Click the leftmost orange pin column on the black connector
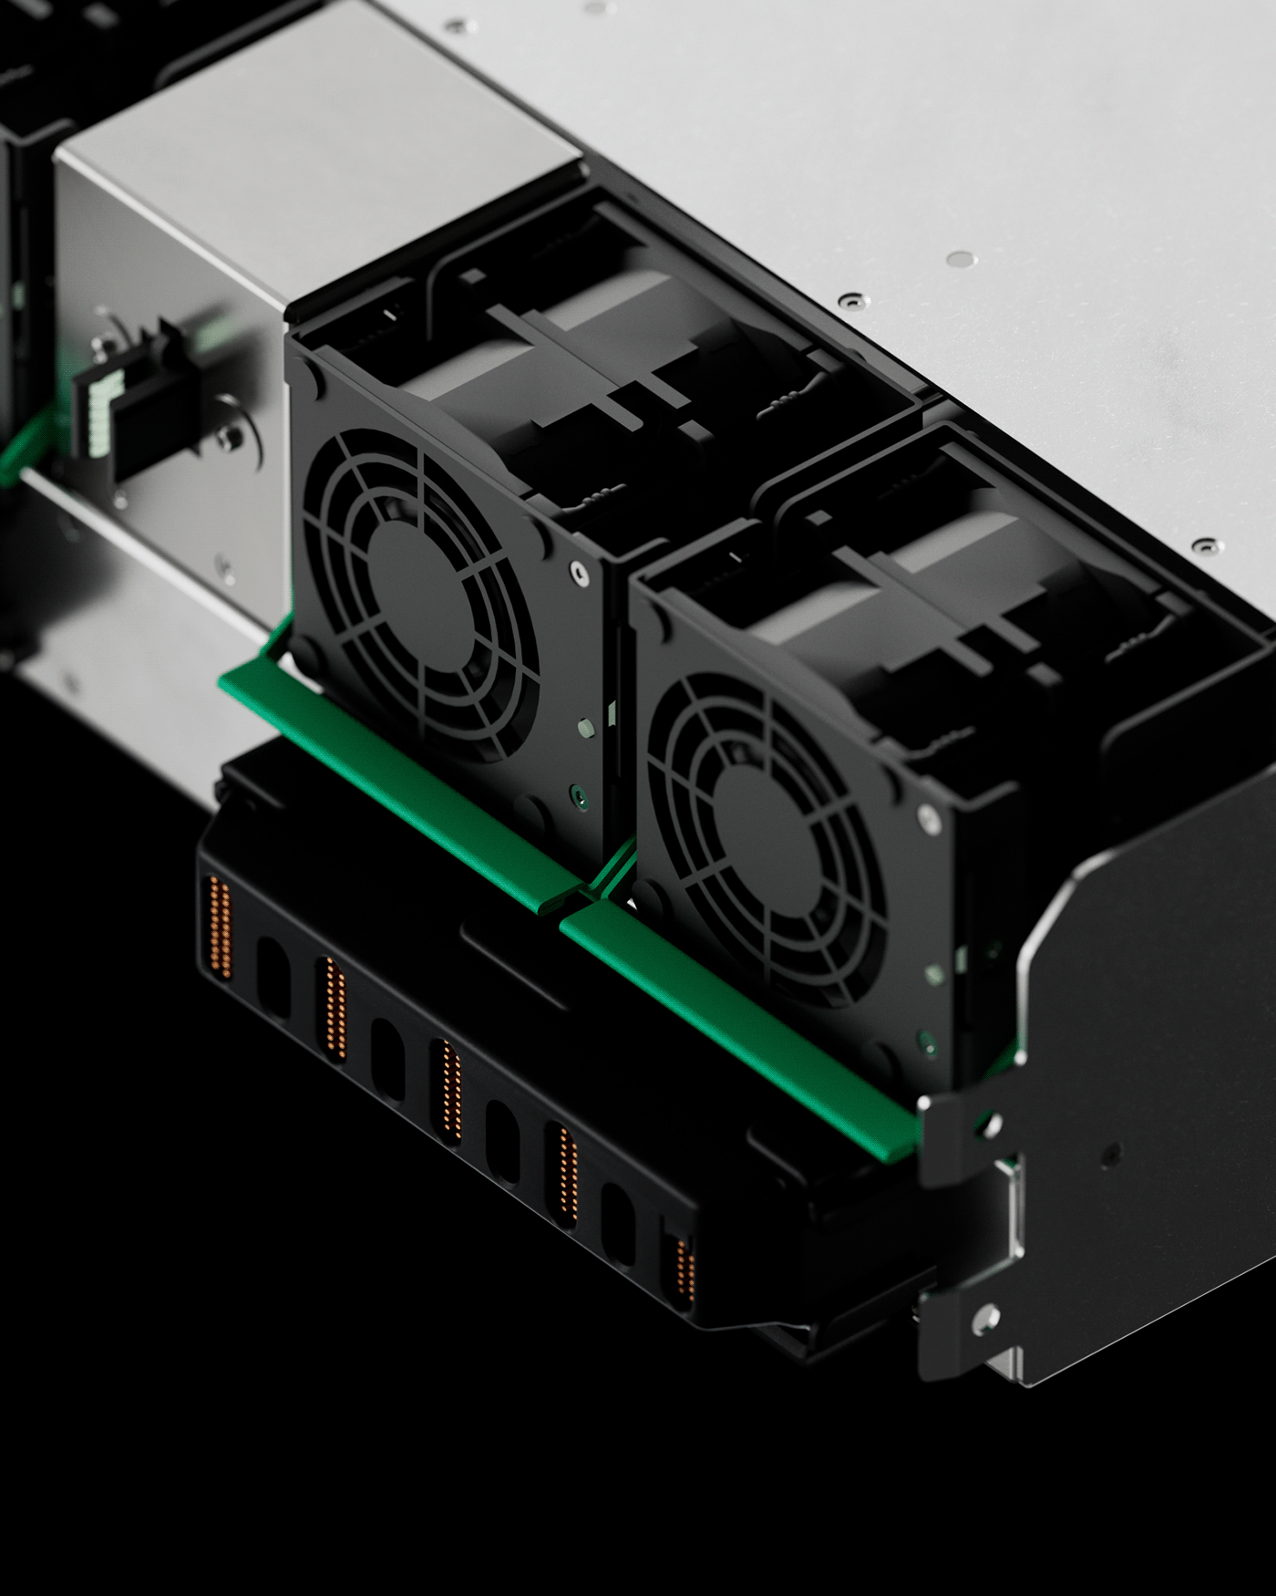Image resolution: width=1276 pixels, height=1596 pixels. point(220,927)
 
